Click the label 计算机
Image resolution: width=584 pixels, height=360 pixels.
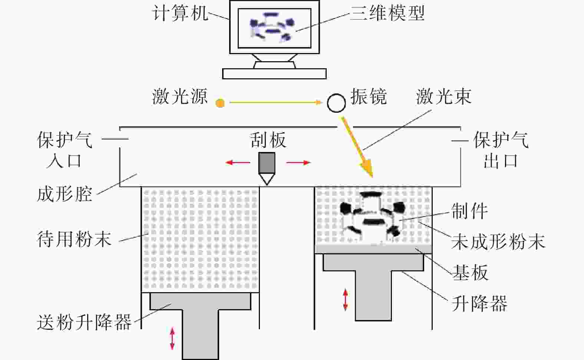click(180, 13)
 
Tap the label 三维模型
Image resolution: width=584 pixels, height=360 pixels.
click(387, 13)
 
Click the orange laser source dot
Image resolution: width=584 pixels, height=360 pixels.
click(220, 103)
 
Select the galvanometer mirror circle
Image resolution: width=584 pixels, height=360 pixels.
click(336, 103)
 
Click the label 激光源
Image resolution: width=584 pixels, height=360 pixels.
click(180, 96)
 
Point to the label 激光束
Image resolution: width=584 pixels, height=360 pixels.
click(444, 96)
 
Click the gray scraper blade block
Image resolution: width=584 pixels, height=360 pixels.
click(267, 163)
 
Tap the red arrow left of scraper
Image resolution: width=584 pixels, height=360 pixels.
click(238, 163)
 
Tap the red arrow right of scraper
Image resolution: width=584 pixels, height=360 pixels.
click(298, 163)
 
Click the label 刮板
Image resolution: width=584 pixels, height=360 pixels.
click(268, 140)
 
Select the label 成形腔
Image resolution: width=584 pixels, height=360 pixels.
click(65, 194)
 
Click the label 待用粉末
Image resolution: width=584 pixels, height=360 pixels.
click(74, 239)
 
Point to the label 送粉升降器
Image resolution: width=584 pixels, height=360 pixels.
click(84, 322)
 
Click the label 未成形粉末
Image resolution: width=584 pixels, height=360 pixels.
click(498, 241)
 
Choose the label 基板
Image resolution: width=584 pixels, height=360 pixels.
click(470, 273)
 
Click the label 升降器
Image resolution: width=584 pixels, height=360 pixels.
click(479, 303)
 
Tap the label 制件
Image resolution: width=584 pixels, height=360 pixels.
click(469, 211)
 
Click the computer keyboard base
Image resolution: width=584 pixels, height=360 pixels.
click(274, 74)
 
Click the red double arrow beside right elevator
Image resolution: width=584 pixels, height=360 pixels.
click(346, 300)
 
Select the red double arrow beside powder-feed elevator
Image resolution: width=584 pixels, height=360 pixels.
click(172, 338)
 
